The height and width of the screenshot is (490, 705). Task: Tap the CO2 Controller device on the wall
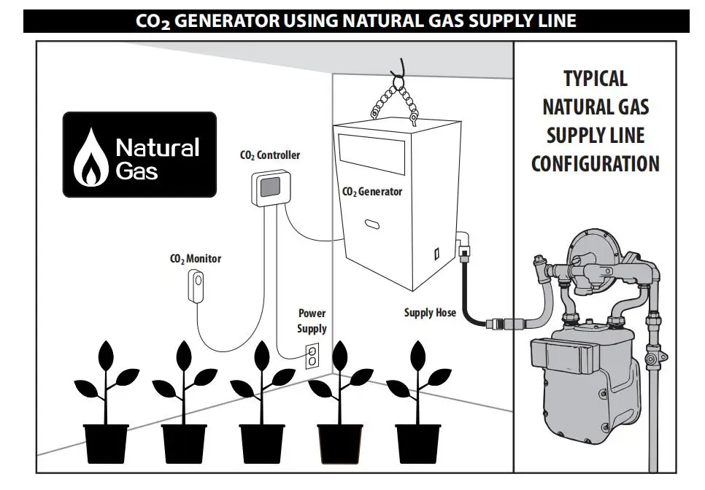coord(269,188)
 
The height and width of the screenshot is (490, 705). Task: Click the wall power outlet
coord(312,355)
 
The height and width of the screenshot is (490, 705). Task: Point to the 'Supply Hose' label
coord(430,313)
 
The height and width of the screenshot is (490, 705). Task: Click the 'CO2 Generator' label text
coord(372,192)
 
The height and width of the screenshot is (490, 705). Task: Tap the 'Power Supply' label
coord(312,321)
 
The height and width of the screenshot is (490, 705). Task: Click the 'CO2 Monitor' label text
coord(195,258)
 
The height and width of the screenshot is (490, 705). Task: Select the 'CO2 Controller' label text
coord(269,155)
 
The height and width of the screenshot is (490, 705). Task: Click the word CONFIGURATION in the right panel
coord(595,163)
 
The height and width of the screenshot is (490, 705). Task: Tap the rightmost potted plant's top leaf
coord(418,355)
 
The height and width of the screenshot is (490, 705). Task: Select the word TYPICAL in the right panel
coord(595,78)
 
